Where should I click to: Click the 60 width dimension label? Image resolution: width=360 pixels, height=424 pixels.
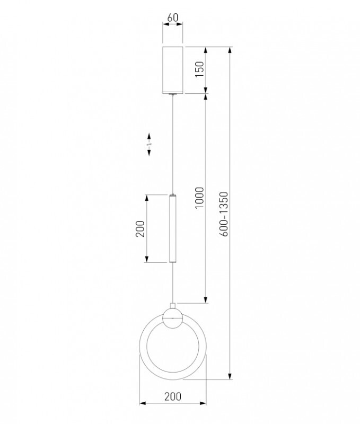pos(172,17)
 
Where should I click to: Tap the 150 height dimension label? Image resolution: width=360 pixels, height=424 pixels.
pos(199,69)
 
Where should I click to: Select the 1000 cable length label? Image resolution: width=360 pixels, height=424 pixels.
pos(199,198)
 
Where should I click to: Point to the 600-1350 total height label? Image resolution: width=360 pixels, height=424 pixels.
pos(224,214)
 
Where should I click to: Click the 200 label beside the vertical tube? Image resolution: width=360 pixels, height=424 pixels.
pos(140,229)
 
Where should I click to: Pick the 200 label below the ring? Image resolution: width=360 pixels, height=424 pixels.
pos(173,396)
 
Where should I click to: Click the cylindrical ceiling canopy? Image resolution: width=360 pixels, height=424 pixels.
pos(172,70)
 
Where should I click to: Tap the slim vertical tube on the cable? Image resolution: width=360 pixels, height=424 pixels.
pos(172,228)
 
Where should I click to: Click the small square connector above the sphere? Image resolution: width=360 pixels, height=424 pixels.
pos(172,306)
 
